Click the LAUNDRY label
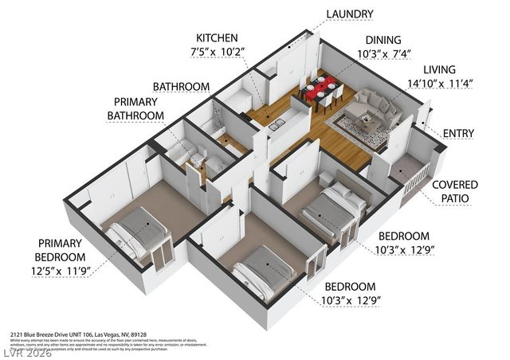coord(349,14)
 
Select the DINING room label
coord(382,40)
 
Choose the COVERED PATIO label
coord(454,191)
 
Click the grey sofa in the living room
coord(373,104)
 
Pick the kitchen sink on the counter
coord(277,125)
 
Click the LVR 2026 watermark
coord(28,351)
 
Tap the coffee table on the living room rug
coord(366,123)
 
